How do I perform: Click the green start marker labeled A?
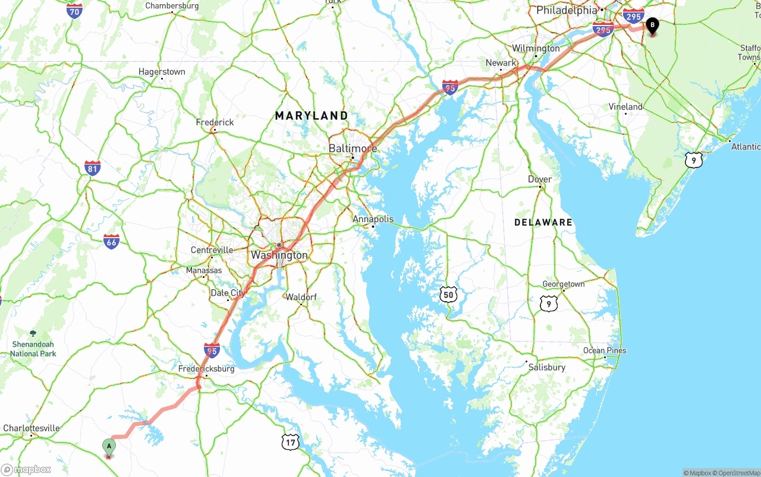(109, 446)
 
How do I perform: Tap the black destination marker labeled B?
(652, 26)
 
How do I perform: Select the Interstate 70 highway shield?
(74, 11)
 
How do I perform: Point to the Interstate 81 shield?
(92, 168)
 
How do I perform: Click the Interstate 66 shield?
(111, 241)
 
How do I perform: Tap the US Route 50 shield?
(448, 294)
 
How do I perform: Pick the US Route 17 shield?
(290, 441)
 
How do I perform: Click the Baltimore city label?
(353, 148)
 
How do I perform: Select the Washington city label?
(279, 255)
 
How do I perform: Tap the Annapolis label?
(373, 219)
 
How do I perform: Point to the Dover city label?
(540, 179)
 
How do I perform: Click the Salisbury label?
(546, 367)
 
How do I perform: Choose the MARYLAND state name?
(312, 116)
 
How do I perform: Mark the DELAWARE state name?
(543, 222)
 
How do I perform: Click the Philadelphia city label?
(566, 10)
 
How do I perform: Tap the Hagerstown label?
(162, 72)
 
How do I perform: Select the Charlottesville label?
(32, 428)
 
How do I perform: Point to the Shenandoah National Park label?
(33, 349)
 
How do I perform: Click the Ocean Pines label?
(605, 350)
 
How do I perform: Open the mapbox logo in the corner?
(26, 470)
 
